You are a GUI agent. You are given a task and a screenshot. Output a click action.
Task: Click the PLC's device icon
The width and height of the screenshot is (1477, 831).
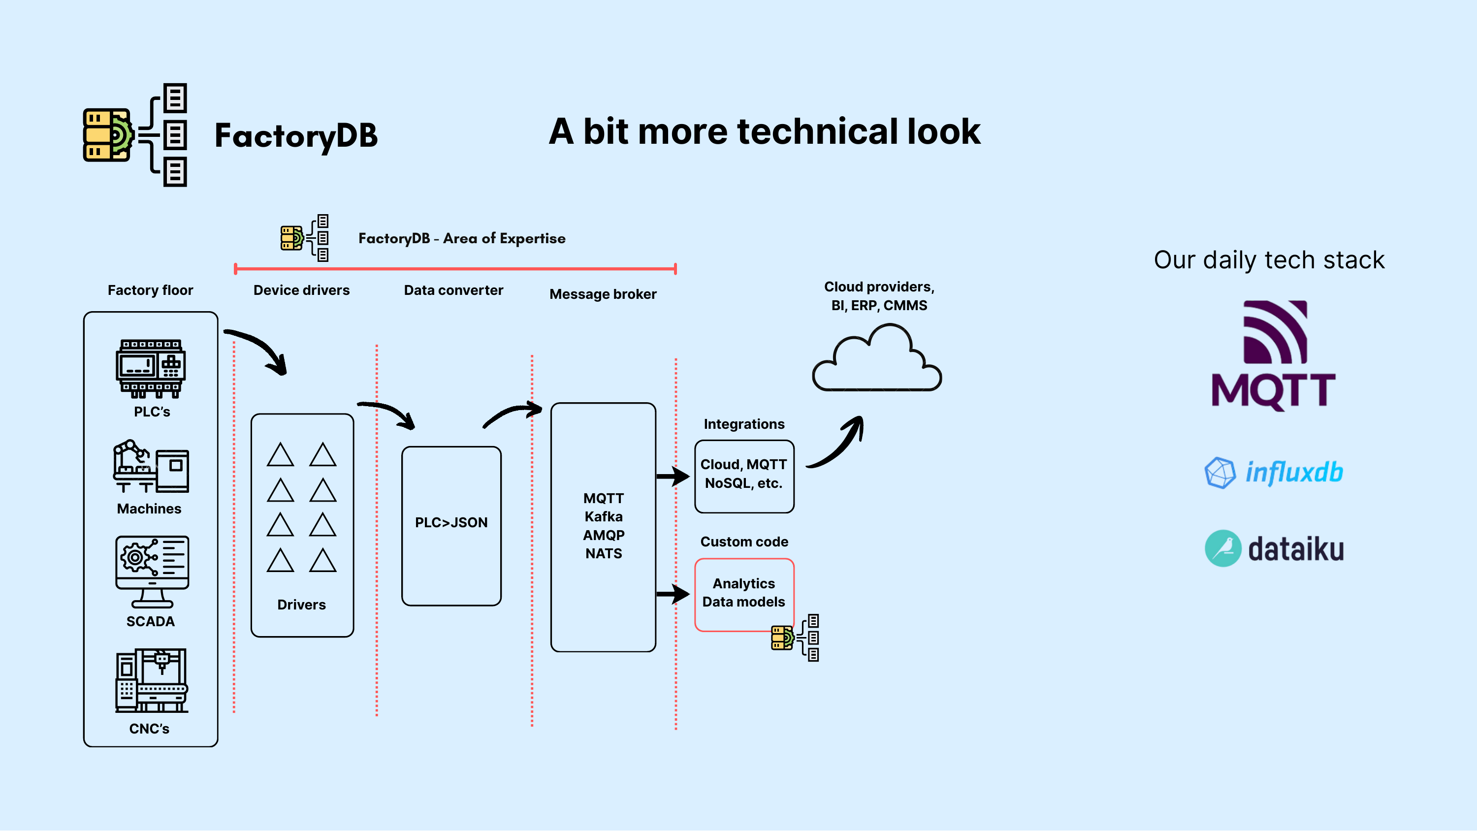151,368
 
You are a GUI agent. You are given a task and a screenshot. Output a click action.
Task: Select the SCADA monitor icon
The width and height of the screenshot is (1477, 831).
152,571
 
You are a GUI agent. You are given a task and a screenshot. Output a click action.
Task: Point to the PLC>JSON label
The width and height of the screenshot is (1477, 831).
451,522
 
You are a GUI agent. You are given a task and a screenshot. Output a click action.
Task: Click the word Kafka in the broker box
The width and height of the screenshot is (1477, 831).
603,517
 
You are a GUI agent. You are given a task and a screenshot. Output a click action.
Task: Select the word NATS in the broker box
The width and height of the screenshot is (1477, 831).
603,553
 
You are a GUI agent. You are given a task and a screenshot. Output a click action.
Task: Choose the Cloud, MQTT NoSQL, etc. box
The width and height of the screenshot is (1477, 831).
743,476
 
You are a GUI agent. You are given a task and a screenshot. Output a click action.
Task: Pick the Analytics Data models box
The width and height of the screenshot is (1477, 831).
743,593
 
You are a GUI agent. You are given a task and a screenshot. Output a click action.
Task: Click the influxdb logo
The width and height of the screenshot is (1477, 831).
1274,473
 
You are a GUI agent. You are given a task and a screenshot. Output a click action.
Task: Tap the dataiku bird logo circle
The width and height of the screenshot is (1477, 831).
1222,548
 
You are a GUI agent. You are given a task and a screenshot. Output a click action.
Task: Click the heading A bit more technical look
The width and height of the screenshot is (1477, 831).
764,131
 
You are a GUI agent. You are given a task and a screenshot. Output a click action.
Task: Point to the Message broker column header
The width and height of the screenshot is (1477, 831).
603,294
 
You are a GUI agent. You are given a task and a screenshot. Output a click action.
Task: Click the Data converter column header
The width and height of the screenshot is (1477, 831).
453,290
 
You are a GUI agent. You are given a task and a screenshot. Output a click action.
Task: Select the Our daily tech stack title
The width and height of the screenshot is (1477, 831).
1269,260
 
